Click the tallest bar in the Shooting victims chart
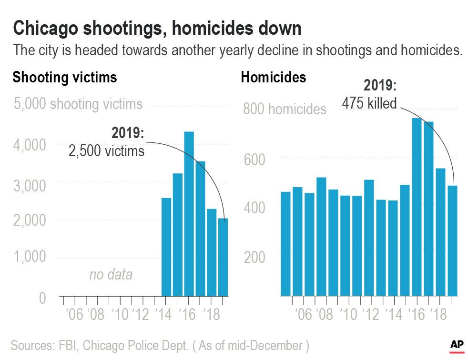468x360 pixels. (189, 214)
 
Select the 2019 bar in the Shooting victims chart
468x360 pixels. (223, 257)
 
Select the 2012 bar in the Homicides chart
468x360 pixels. (369, 238)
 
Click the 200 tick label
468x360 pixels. (254, 257)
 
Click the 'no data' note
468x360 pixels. (111, 275)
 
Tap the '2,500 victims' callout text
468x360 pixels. (106, 151)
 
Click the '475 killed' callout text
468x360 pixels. (369, 103)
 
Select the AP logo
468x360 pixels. (458, 344)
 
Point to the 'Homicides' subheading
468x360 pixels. (274, 77)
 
